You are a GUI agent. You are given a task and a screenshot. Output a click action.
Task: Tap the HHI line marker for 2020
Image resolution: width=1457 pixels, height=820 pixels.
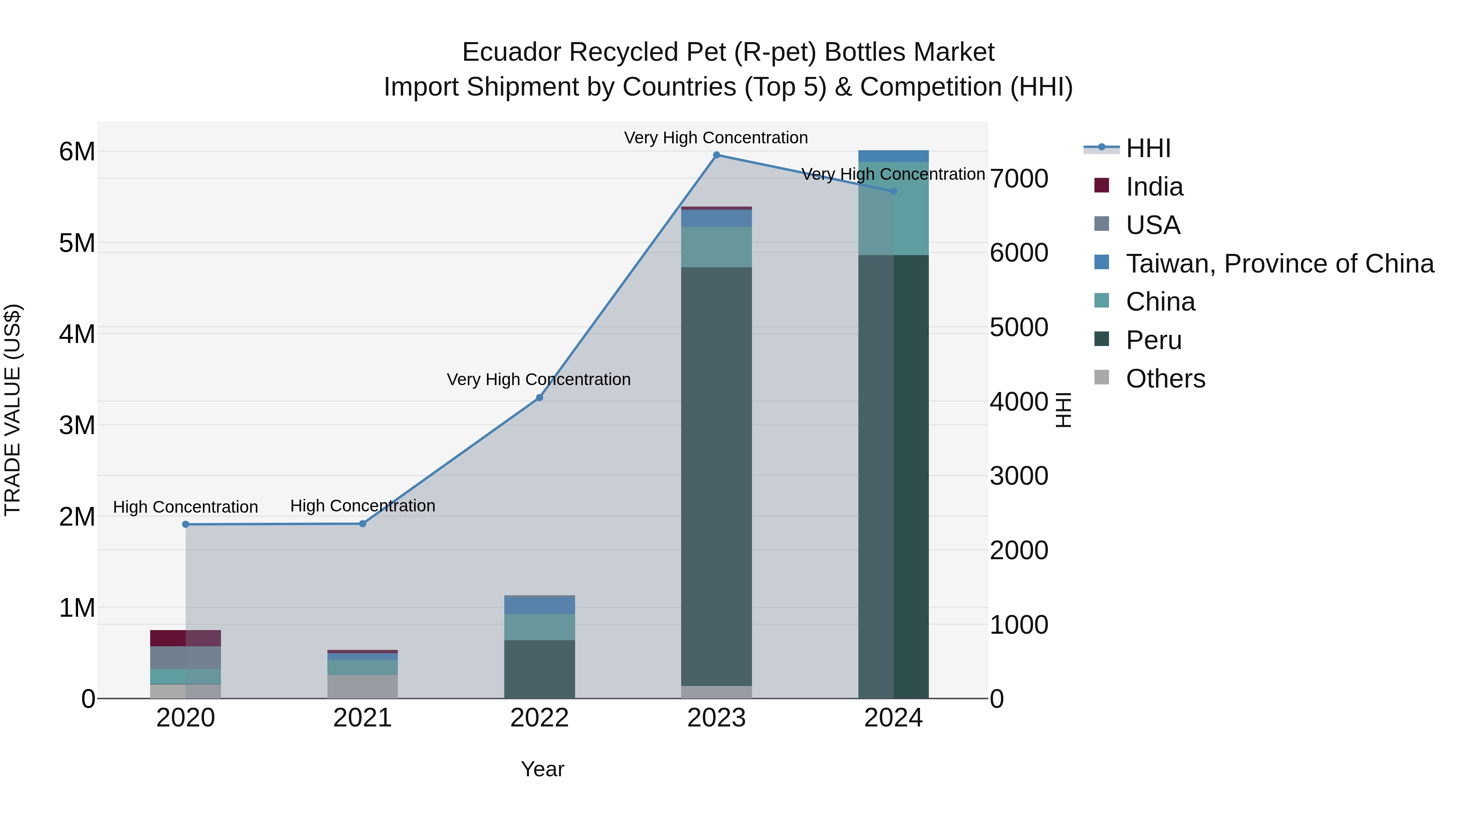tap(185, 524)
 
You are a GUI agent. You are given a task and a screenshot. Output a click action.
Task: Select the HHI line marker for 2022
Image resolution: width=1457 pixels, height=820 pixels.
tap(539, 398)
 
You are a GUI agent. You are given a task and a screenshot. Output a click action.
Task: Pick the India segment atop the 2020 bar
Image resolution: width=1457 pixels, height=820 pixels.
tap(185, 638)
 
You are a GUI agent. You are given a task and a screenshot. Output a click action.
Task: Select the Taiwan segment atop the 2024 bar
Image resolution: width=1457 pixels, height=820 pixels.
tap(893, 156)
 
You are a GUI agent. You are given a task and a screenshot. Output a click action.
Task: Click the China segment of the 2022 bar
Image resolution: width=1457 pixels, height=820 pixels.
tap(539, 626)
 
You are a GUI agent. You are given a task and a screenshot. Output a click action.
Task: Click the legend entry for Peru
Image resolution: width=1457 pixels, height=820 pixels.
tap(1153, 340)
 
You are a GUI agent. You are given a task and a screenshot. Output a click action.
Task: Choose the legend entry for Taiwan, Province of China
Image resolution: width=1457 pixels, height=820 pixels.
tap(1279, 264)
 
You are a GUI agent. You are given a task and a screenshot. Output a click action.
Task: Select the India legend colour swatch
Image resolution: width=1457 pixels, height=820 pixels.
tap(1101, 185)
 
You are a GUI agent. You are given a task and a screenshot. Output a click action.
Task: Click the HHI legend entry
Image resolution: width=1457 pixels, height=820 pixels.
tap(1148, 148)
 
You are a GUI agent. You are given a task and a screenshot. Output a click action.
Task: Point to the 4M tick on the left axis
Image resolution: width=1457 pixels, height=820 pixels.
tap(77, 334)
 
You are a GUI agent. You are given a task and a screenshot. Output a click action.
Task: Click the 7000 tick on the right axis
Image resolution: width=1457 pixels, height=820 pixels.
tap(1019, 179)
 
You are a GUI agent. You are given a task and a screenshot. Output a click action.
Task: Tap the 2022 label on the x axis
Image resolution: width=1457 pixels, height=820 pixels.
tap(539, 718)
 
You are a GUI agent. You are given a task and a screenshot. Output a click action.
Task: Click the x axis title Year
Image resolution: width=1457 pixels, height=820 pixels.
tap(542, 769)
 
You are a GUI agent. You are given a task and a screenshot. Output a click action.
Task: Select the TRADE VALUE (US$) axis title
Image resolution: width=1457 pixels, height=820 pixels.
tap(13, 410)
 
